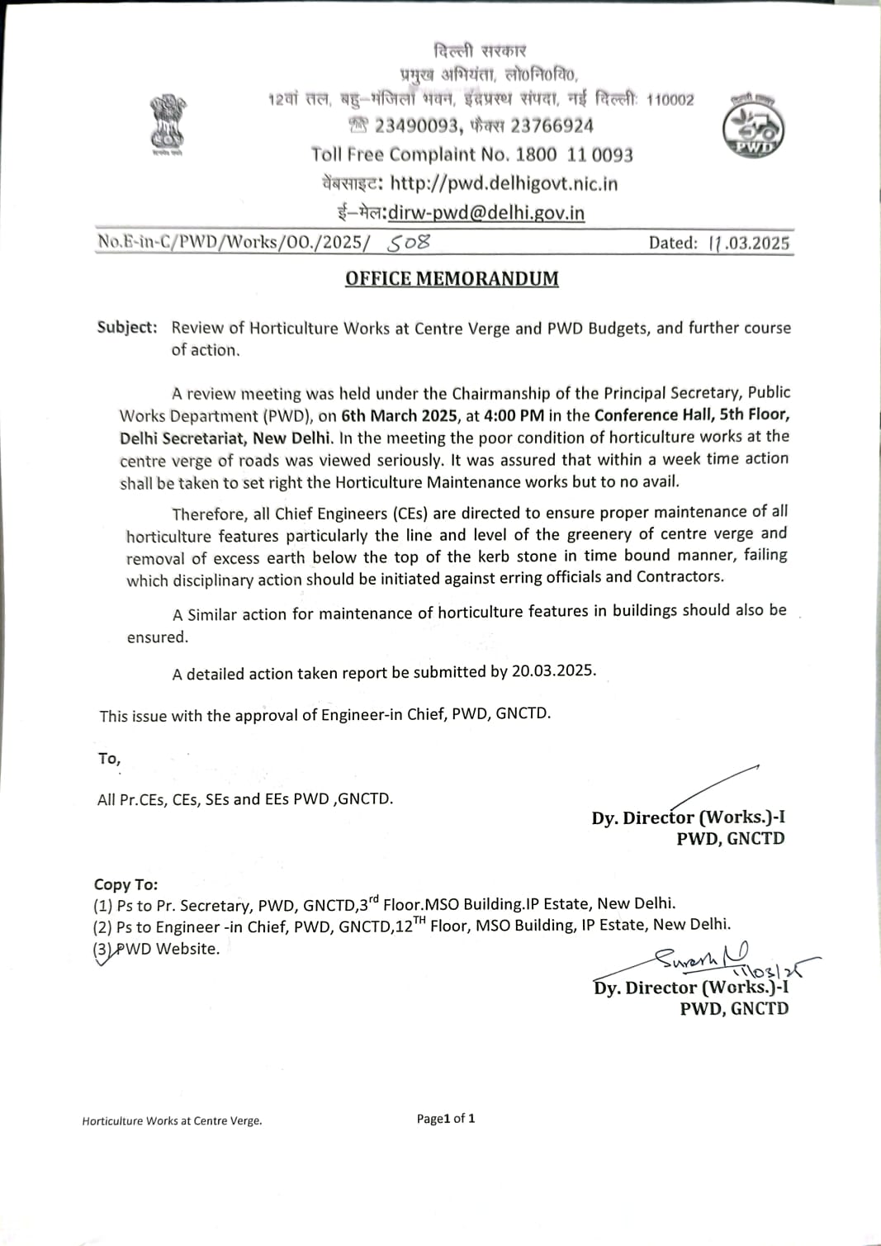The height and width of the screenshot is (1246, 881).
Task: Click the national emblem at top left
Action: click(x=168, y=124)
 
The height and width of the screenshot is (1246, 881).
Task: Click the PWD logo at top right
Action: click(x=753, y=126)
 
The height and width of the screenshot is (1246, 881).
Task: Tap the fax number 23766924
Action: click(x=552, y=126)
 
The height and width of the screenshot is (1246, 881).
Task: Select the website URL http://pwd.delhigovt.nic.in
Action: click(x=504, y=183)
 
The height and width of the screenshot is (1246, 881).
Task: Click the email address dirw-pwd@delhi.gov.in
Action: click(x=485, y=213)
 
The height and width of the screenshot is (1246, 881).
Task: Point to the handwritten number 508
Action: click(x=409, y=243)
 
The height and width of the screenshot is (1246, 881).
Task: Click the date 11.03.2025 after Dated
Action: click(x=749, y=243)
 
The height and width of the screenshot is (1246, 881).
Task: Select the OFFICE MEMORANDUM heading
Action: click(x=452, y=279)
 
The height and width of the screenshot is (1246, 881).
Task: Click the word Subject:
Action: click(x=127, y=327)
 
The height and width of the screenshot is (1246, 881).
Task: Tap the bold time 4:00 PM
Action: click(x=514, y=415)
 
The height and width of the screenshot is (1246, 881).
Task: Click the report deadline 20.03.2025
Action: click(x=553, y=670)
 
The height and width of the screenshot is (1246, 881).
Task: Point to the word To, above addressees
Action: click(x=109, y=758)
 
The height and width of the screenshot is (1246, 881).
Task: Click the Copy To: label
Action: click(x=126, y=884)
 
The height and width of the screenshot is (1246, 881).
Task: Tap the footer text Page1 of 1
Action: click(x=446, y=1119)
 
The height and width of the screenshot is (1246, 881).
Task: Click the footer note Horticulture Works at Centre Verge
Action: click(x=172, y=1120)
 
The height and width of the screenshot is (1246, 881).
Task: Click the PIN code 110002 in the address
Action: click(x=670, y=101)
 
